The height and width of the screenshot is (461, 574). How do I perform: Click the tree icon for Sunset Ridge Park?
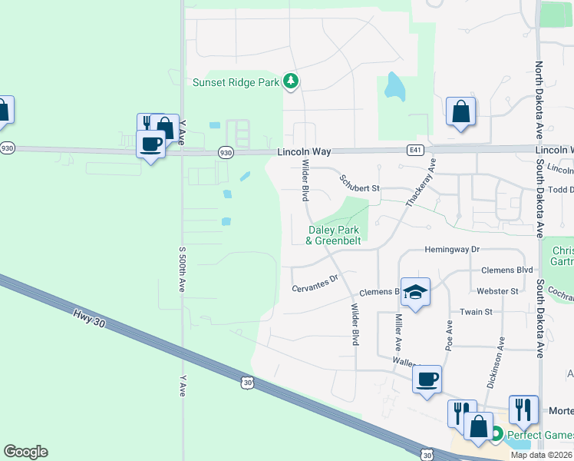coord(290,81)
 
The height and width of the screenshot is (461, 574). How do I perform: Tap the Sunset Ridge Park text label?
coord(236,82)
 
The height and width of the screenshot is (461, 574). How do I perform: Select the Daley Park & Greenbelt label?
coord(335,235)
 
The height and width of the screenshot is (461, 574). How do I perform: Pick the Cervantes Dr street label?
coord(315,284)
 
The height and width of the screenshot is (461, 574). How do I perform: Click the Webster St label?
coord(497,291)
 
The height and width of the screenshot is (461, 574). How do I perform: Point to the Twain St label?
coord(477,312)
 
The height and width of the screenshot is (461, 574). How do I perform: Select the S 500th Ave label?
coord(183,269)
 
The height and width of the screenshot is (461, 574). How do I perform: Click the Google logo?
coord(25,452)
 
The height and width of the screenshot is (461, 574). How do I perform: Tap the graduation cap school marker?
coord(415,293)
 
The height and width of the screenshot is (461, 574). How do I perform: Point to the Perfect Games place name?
coord(539,436)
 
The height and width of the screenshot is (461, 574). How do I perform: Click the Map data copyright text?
coord(542,455)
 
